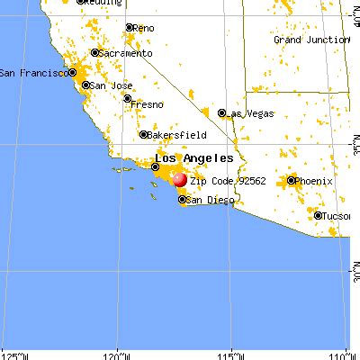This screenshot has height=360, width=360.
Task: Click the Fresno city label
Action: [148, 104]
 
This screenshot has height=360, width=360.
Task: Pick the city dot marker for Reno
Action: [128, 28]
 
